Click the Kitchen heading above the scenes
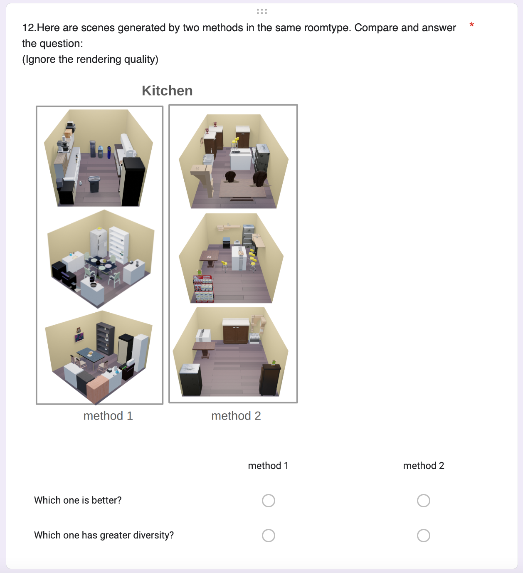(167, 91)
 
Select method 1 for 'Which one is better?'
(268, 501)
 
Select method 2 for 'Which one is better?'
(423, 501)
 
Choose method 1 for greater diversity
(268, 535)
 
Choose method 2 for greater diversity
(423, 535)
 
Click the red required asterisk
(471, 25)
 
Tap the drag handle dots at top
(261, 11)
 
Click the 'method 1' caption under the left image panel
(108, 416)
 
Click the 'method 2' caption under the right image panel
(236, 416)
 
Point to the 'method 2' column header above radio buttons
(424, 466)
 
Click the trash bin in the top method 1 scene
(94, 184)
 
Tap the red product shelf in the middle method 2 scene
(203, 289)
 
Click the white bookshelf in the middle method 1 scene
(119, 245)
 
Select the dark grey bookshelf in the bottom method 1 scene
(105, 339)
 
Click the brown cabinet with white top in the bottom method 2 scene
(236, 331)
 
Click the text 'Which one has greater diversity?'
(104, 535)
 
